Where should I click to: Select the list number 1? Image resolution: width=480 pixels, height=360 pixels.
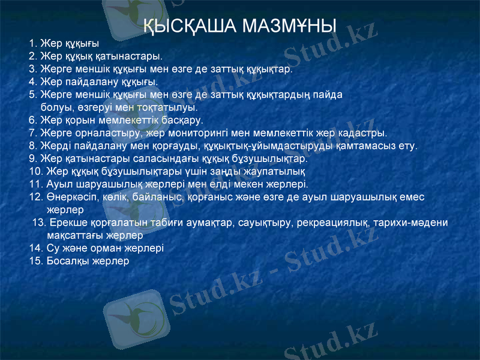point(32,43)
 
